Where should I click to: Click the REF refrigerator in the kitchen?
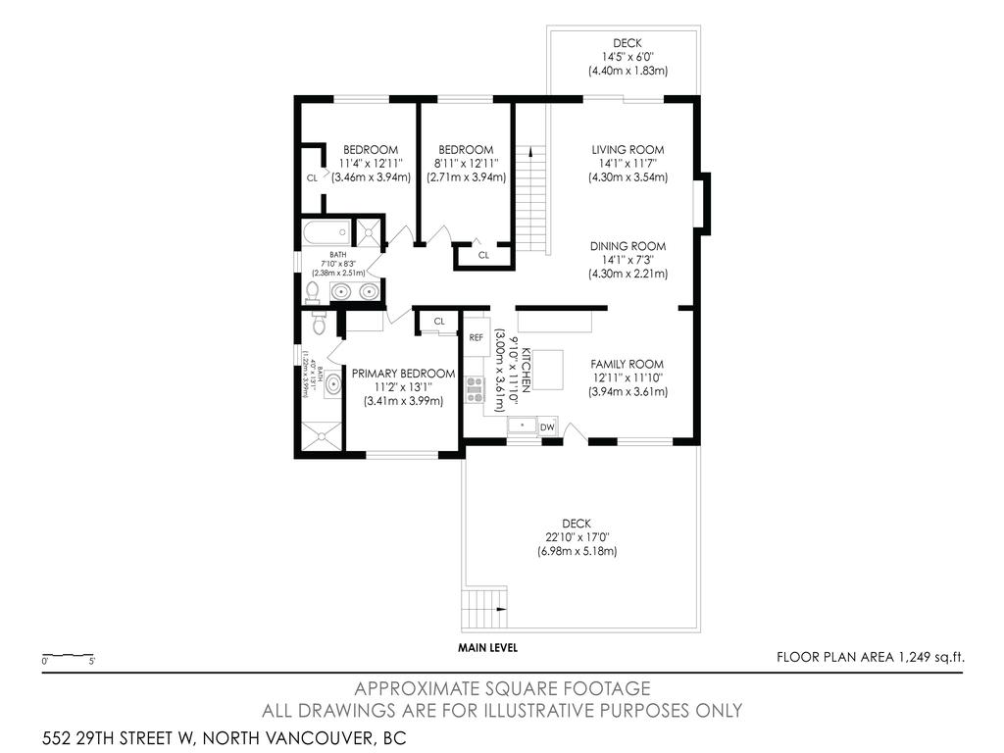point(477,337)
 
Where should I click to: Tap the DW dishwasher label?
point(548,427)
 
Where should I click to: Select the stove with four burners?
point(476,390)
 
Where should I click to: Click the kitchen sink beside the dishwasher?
point(522,427)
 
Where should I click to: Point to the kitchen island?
point(547,370)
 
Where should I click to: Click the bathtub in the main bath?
point(326,232)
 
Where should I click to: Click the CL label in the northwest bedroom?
point(312,178)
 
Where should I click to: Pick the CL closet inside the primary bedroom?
point(439,321)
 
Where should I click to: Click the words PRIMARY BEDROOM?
point(403,374)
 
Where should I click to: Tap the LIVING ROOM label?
point(627,150)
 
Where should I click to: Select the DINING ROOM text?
point(627,246)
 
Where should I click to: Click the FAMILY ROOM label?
point(627,364)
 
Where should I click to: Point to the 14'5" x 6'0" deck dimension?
point(627,57)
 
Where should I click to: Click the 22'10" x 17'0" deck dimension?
point(577,537)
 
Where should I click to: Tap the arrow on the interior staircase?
point(529,152)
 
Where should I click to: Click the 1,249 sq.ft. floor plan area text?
point(870,657)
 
